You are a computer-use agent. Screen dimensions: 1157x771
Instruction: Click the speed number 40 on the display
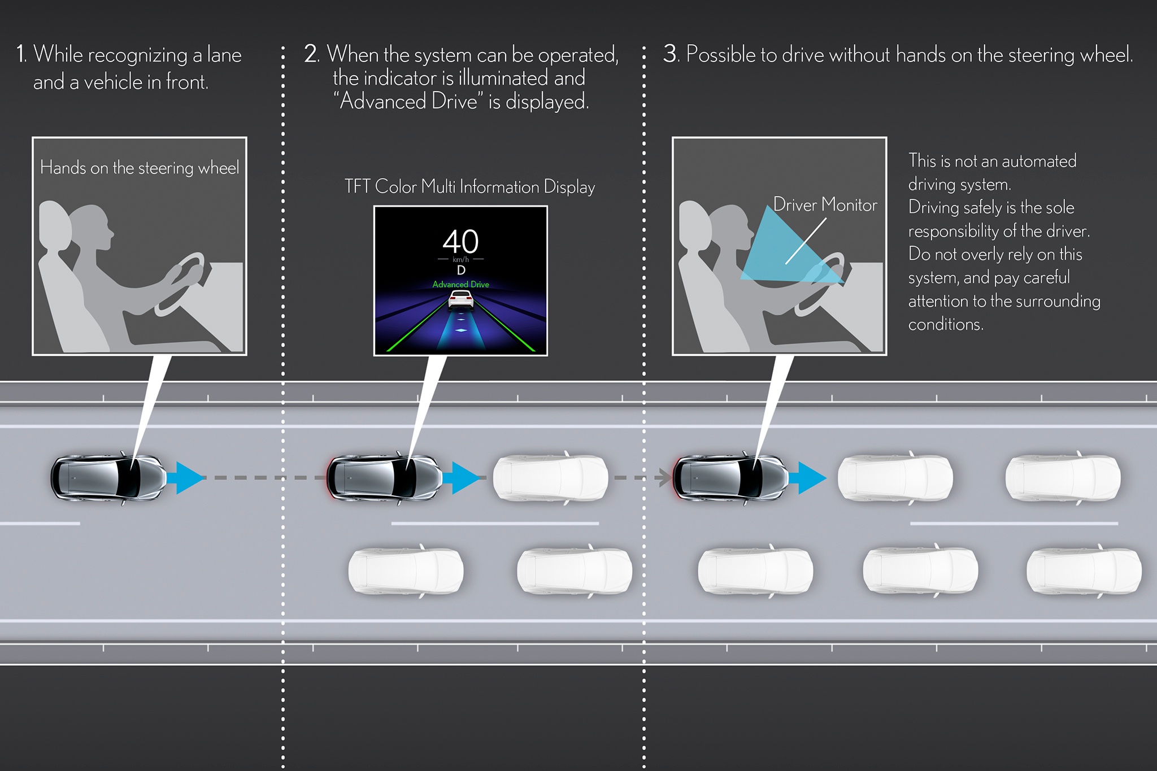(460, 241)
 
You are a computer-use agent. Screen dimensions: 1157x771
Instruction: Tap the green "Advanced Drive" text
(460, 284)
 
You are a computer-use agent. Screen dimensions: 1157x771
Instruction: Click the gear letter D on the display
(461, 271)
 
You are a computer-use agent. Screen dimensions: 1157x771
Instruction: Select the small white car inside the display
(460, 299)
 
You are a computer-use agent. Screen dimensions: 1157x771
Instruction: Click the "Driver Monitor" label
(825, 204)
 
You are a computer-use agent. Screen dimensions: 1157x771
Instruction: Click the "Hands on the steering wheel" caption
(140, 168)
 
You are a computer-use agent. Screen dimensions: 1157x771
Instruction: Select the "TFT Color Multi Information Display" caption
(469, 187)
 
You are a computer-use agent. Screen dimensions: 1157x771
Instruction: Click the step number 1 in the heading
(21, 55)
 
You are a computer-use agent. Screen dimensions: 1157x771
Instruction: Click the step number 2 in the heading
(311, 55)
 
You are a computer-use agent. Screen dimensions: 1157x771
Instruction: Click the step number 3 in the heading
(670, 54)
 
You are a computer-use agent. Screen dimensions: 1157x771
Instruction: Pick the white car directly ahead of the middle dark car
(551, 478)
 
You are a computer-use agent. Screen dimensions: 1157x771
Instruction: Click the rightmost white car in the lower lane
(1084, 570)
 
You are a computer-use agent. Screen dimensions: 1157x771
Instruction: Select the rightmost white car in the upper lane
(1063, 478)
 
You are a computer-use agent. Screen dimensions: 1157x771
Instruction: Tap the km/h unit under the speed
(460, 259)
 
